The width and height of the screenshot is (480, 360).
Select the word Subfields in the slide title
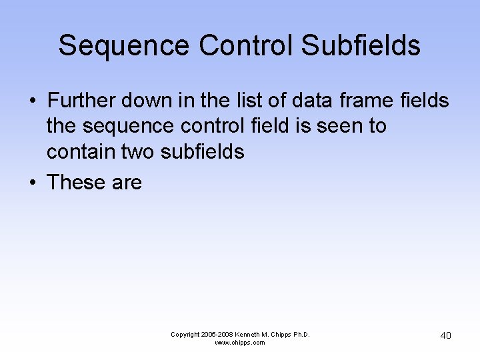(x=361, y=46)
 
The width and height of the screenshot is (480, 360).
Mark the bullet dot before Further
(x=32, y=102)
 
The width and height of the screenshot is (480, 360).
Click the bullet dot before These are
(x=32, y=183)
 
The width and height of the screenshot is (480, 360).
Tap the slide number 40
(x=445, y=335)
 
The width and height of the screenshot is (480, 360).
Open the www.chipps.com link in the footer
(x=240, y=343)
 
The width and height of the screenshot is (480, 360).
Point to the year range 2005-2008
(x=218, y=334)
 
